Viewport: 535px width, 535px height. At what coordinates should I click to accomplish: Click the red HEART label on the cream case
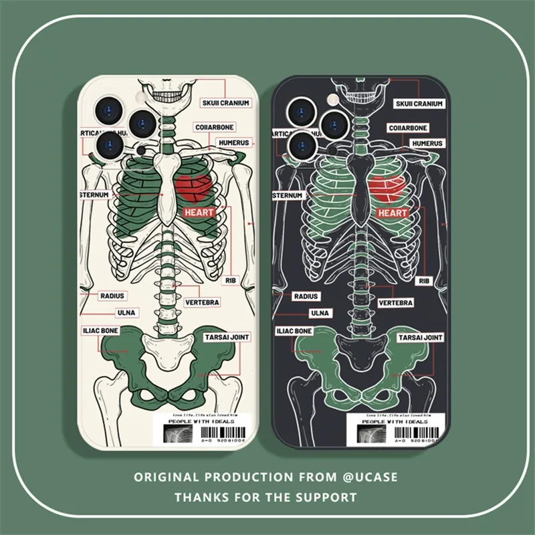tap(199, 213)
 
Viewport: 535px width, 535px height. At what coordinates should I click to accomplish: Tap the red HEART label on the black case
tap(393, 213)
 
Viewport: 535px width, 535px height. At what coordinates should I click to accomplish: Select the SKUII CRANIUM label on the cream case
tap(225, 104)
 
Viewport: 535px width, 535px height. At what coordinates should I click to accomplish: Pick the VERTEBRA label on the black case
tap(395, 303)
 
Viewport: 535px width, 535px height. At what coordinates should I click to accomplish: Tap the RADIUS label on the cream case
tap(111, 295)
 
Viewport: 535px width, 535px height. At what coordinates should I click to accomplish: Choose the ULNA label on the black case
tap(318, 312)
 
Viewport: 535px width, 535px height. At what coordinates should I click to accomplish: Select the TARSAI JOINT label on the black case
tap(420, 338)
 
